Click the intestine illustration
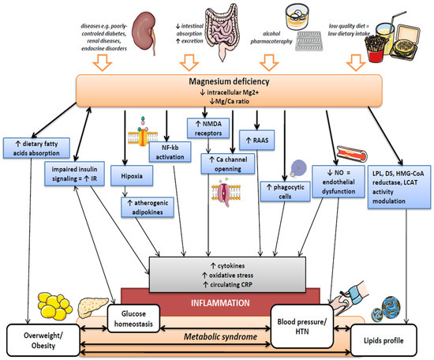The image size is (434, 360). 229,32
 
